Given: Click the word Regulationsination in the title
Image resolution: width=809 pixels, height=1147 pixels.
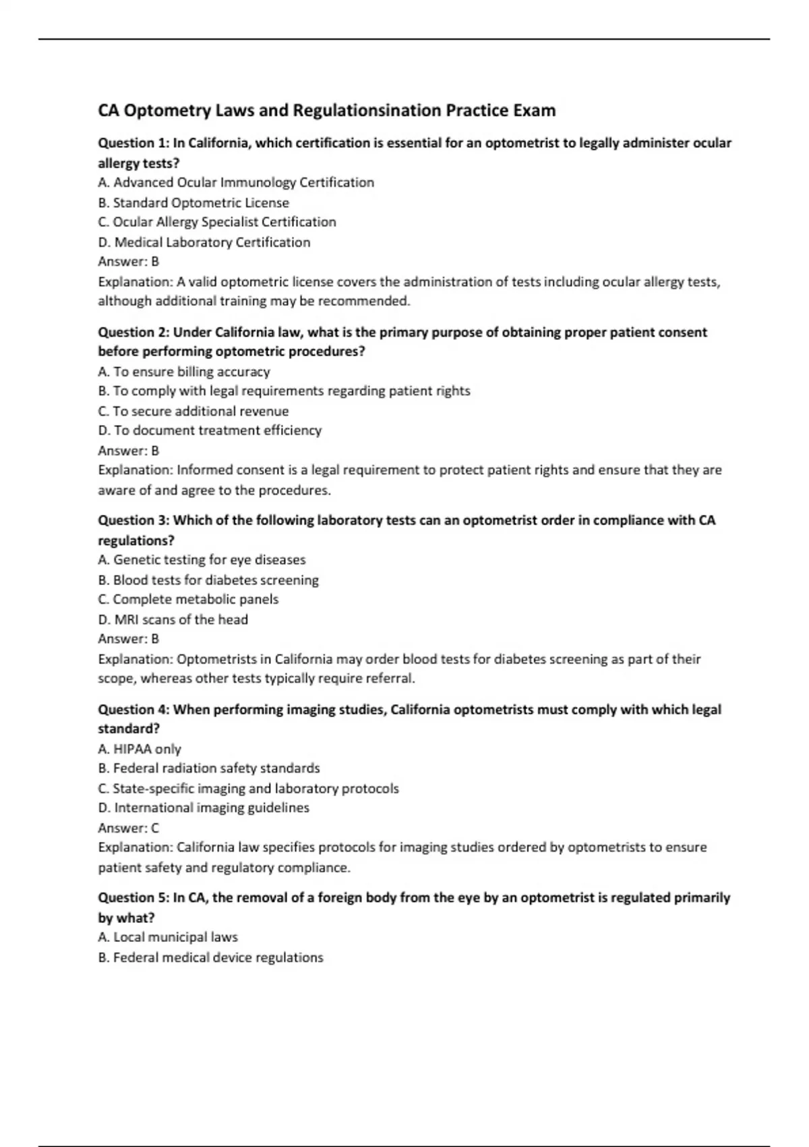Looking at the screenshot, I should [x=367, y=110].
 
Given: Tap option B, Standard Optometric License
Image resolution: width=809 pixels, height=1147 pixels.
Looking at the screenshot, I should [x=193, y=202].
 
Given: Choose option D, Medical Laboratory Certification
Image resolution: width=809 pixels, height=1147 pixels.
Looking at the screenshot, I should [x=204, y=242].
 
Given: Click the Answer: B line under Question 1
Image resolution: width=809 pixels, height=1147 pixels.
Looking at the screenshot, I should [x=129, y=262].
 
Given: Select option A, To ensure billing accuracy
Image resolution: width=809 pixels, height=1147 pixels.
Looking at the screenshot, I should [x=184, y=372].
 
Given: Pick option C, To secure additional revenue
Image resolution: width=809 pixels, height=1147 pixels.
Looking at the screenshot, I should [x=193, y=411].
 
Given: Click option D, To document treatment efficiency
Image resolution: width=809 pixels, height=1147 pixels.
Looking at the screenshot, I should [x=210, y=430].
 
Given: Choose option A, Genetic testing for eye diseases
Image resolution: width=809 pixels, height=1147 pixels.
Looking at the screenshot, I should [x=202, y=560].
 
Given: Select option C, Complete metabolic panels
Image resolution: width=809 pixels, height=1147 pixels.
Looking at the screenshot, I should [x=188, y=599].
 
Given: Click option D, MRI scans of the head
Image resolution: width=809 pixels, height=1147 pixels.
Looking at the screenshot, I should [x=173, y=619].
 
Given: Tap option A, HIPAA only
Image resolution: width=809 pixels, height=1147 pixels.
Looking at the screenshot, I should [x=140, y=749].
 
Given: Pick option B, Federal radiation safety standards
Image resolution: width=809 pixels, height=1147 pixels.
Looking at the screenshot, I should [x=209, y=768].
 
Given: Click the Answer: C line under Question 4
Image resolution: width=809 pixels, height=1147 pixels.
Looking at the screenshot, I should [x=129, y=828].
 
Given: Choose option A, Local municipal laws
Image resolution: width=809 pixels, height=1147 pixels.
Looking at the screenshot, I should [x=168, y=937].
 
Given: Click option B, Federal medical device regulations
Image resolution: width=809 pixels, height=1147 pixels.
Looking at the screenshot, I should [x=211, y=957].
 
